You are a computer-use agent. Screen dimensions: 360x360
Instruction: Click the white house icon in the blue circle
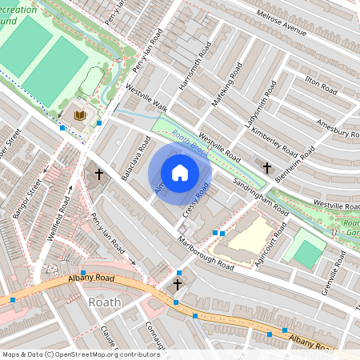click(180, 172)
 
